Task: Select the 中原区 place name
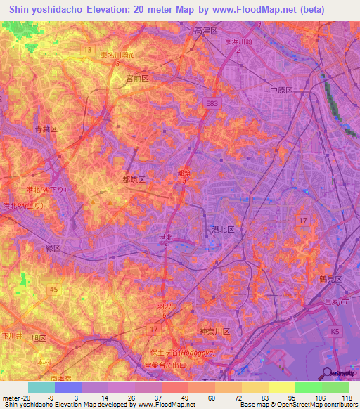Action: coord(282,90)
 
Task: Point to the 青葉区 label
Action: coord(45,129)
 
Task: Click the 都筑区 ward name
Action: coord(134,180)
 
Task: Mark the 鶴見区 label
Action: coord(328,279)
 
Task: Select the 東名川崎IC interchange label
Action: coord(117,56)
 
